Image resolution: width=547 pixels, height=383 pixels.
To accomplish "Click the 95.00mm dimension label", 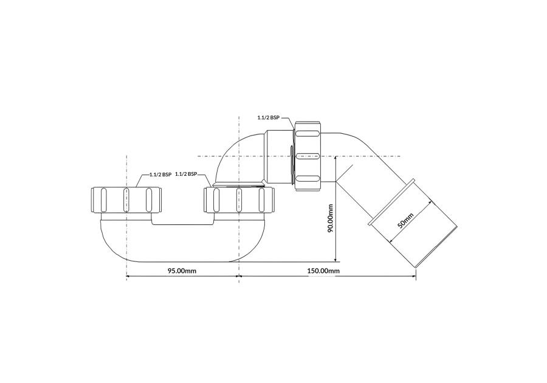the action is [x=182, y=271].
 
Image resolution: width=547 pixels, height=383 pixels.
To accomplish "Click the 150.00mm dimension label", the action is [x=323, y=271].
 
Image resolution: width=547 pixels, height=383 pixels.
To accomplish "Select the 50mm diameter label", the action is [x=406, y=220].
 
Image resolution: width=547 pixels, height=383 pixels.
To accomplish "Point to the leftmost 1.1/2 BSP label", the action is [x=160, y=174].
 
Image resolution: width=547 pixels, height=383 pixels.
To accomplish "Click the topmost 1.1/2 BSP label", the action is [x=269, y=118].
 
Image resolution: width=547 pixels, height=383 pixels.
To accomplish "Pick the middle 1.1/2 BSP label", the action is [x=187, y=174].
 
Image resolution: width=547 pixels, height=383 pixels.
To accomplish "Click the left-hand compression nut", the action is [x=126, y=200].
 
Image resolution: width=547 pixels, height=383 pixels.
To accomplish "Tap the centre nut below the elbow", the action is [x=239, y=200].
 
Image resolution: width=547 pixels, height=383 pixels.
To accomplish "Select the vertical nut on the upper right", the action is [x=308, y=156].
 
